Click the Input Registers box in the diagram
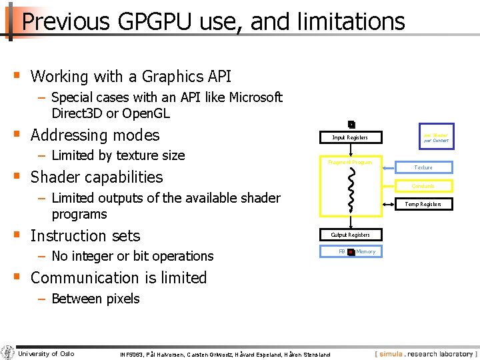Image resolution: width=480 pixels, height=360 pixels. click(350, 138)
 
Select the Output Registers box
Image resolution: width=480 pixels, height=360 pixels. click(350, 235)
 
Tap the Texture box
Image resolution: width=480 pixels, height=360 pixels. click(423, 167)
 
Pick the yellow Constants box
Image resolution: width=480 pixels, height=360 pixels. click(423, 186)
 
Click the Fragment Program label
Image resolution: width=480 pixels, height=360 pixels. click(350, 162)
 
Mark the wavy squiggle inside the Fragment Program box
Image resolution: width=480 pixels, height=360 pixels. click(351, 188)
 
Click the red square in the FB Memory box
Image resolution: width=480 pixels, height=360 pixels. click(351, 252)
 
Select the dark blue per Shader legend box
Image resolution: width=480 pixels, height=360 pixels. click(435, 137)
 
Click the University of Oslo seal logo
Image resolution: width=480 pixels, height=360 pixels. click(8, 353)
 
